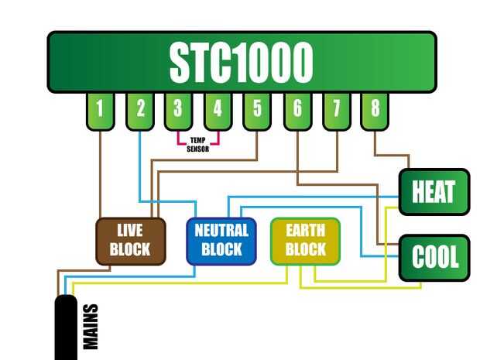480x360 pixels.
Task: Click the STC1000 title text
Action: [x=242, y=62]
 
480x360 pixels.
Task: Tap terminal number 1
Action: [x=100, y=109]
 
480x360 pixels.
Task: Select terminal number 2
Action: [x=139, y=109]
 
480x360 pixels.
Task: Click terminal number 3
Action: [x=178, y=109]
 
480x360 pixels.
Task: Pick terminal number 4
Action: [x=218, y=109]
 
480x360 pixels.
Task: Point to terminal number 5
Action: [x=257, y=109]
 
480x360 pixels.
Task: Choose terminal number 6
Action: [x=297, y=109]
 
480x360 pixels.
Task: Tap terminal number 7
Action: [x=336, y=109]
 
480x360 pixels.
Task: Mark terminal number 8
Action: [x=375, y=109]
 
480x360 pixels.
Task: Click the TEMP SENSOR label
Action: [x=198, y=145]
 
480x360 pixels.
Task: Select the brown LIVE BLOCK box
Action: [x=130, y=241]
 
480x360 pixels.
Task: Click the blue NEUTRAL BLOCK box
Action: [x=221, y=241]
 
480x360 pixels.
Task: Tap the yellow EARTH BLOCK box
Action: [x=305, y=241]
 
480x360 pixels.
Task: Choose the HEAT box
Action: [x=434, y=192]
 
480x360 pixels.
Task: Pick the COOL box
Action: [x=434, y=257]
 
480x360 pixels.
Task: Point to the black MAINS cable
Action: [x=67, y=329]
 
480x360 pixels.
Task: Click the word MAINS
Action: [x=91, y=327]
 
